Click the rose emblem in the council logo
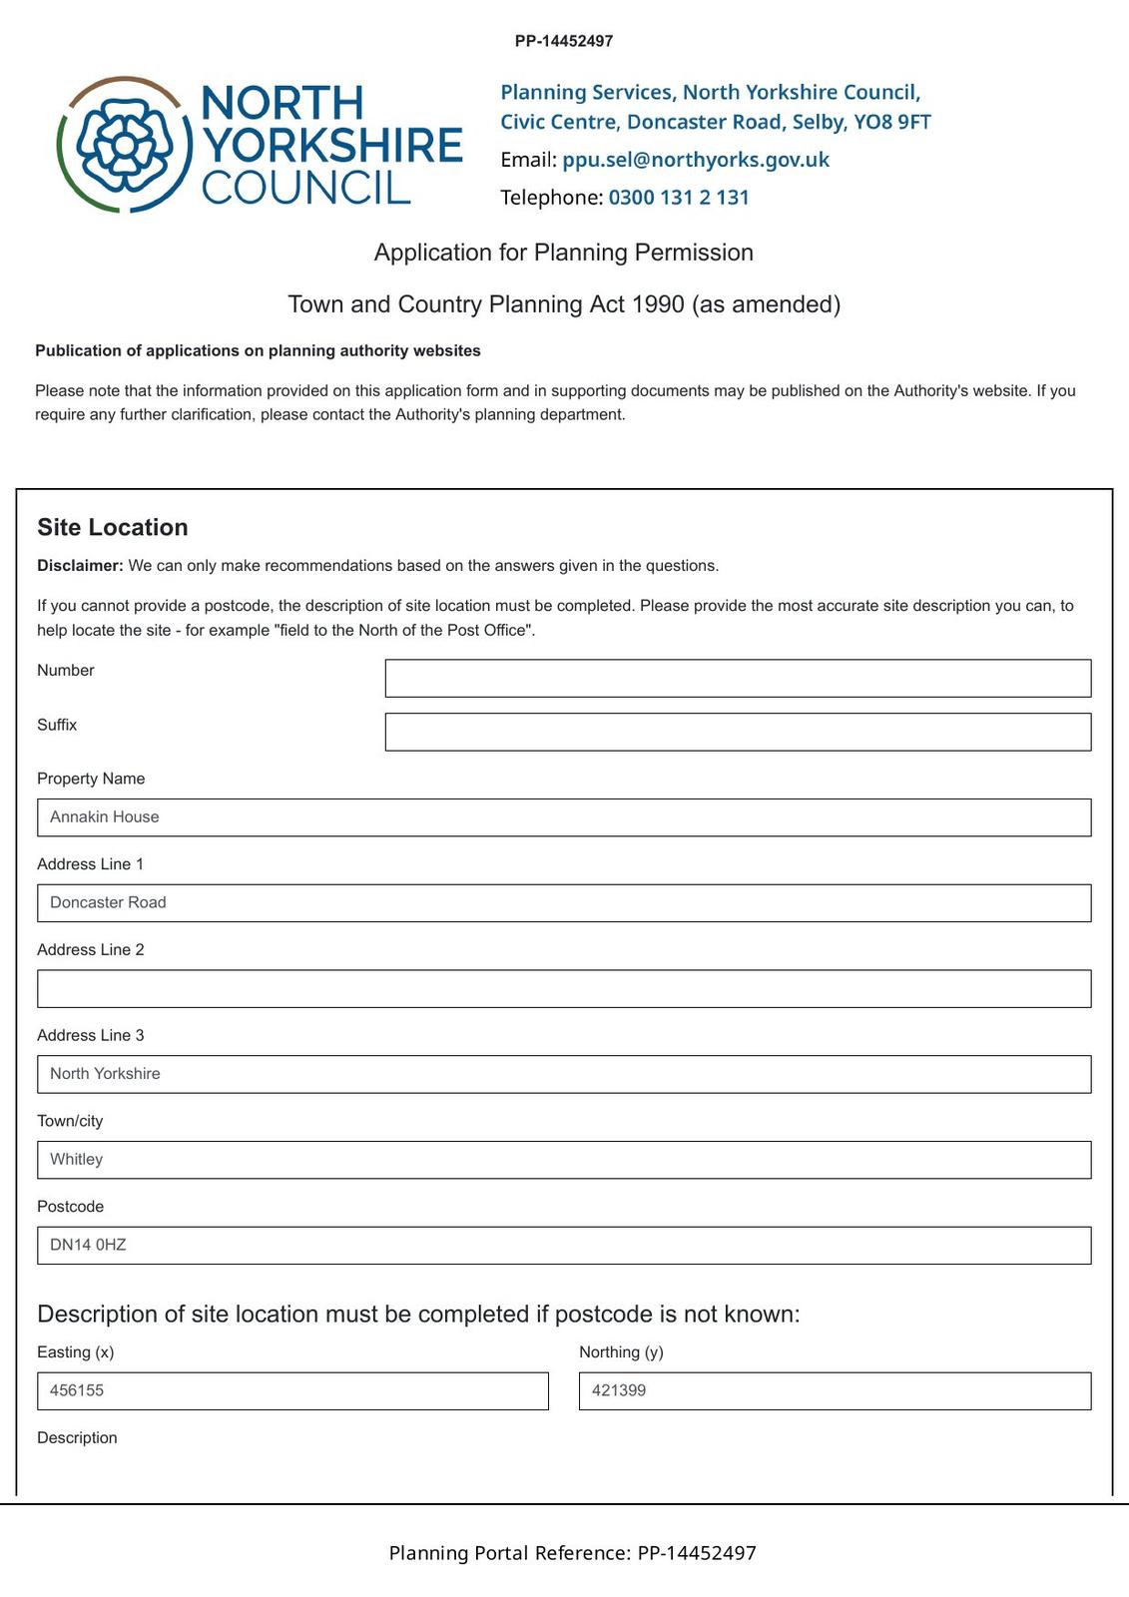(x=124, y=145)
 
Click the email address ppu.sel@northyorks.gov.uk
(x=695, y=160)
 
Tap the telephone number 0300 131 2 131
(x=678, y=198)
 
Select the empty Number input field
(x=738, y=678)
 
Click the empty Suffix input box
(x=738, y=732)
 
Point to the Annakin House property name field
(x=564, y=817)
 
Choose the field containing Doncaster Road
(x=564, y=903)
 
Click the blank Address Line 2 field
(x=564, y=989)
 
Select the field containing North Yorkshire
(x=564, y=1074)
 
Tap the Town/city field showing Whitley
(x=564, y=1160)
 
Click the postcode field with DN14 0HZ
(x=564, y=1246)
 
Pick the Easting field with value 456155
(x=292, y=1391)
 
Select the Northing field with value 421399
(x=835, y=1391)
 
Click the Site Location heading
(x=113, y=527)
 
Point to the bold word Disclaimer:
(x=80, y=566)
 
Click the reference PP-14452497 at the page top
(x=564, y=41)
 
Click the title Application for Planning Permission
(x=564, y=253)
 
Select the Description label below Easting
(x=77, y=1438)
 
